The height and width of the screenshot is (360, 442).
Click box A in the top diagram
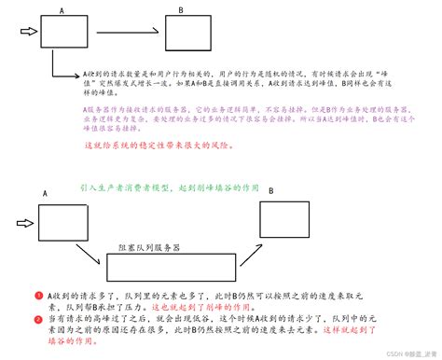[x=62, y=34]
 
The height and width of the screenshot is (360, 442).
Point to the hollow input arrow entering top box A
[x=27, y=34]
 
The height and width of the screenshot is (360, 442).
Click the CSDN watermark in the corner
[x=395, y=353]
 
